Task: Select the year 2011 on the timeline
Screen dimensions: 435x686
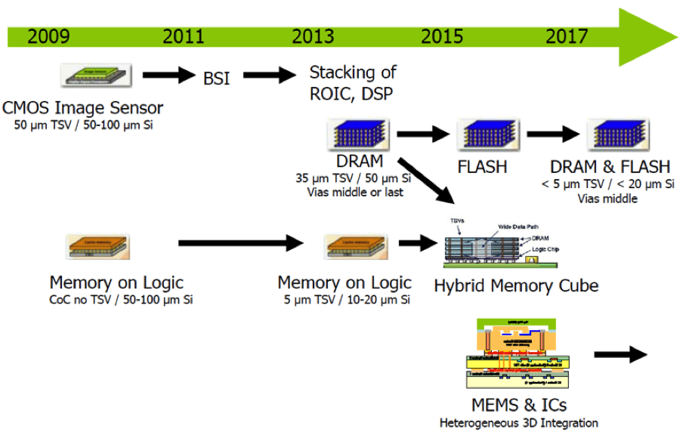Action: pos(184,36)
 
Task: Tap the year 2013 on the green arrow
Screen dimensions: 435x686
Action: pos(313,36)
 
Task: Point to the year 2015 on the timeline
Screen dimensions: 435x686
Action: pos(443,36)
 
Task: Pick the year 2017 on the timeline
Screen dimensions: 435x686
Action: pos(567,36)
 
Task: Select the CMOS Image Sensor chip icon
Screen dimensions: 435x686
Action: pos(97,76)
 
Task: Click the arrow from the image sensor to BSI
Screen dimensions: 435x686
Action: pos(168,75)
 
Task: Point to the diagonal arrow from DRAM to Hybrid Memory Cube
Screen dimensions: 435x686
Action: pos(426,181)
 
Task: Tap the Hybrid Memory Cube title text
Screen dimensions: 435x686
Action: pos(516,285)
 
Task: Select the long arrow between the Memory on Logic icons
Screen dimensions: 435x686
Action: pos(241,244)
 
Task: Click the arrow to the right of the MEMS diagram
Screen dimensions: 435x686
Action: pos(621,355)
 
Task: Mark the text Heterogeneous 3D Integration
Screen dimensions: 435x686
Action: pos(518,423)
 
